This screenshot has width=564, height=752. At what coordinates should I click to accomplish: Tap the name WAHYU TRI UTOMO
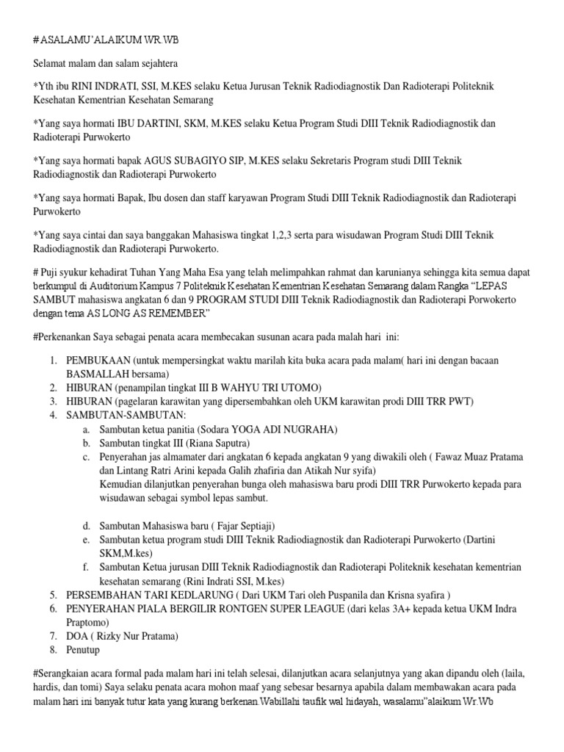click(270, 388)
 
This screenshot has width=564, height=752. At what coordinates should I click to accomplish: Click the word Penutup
click(82, 650)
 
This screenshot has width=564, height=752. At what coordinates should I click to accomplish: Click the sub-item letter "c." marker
click(86, 458)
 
